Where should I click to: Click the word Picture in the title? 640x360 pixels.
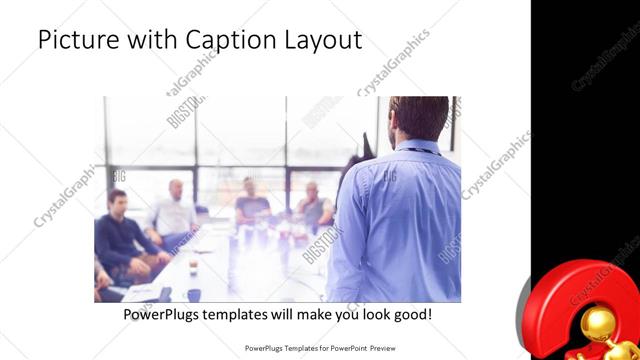pyautogui.click(x=73, y=41)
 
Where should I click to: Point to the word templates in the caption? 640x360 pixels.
pyautogui.click(x=250, y=315)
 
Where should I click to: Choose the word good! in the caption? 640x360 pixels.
pyautogui.click(x=411, y=315)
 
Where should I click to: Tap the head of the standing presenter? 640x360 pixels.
pyautogui.click(x=418, y=117)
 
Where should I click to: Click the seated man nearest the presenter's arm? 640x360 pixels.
pyautogui.click(x=313, y=205)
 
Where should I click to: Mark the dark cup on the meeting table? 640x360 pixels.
pyautogui.click(x=193, y=266)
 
